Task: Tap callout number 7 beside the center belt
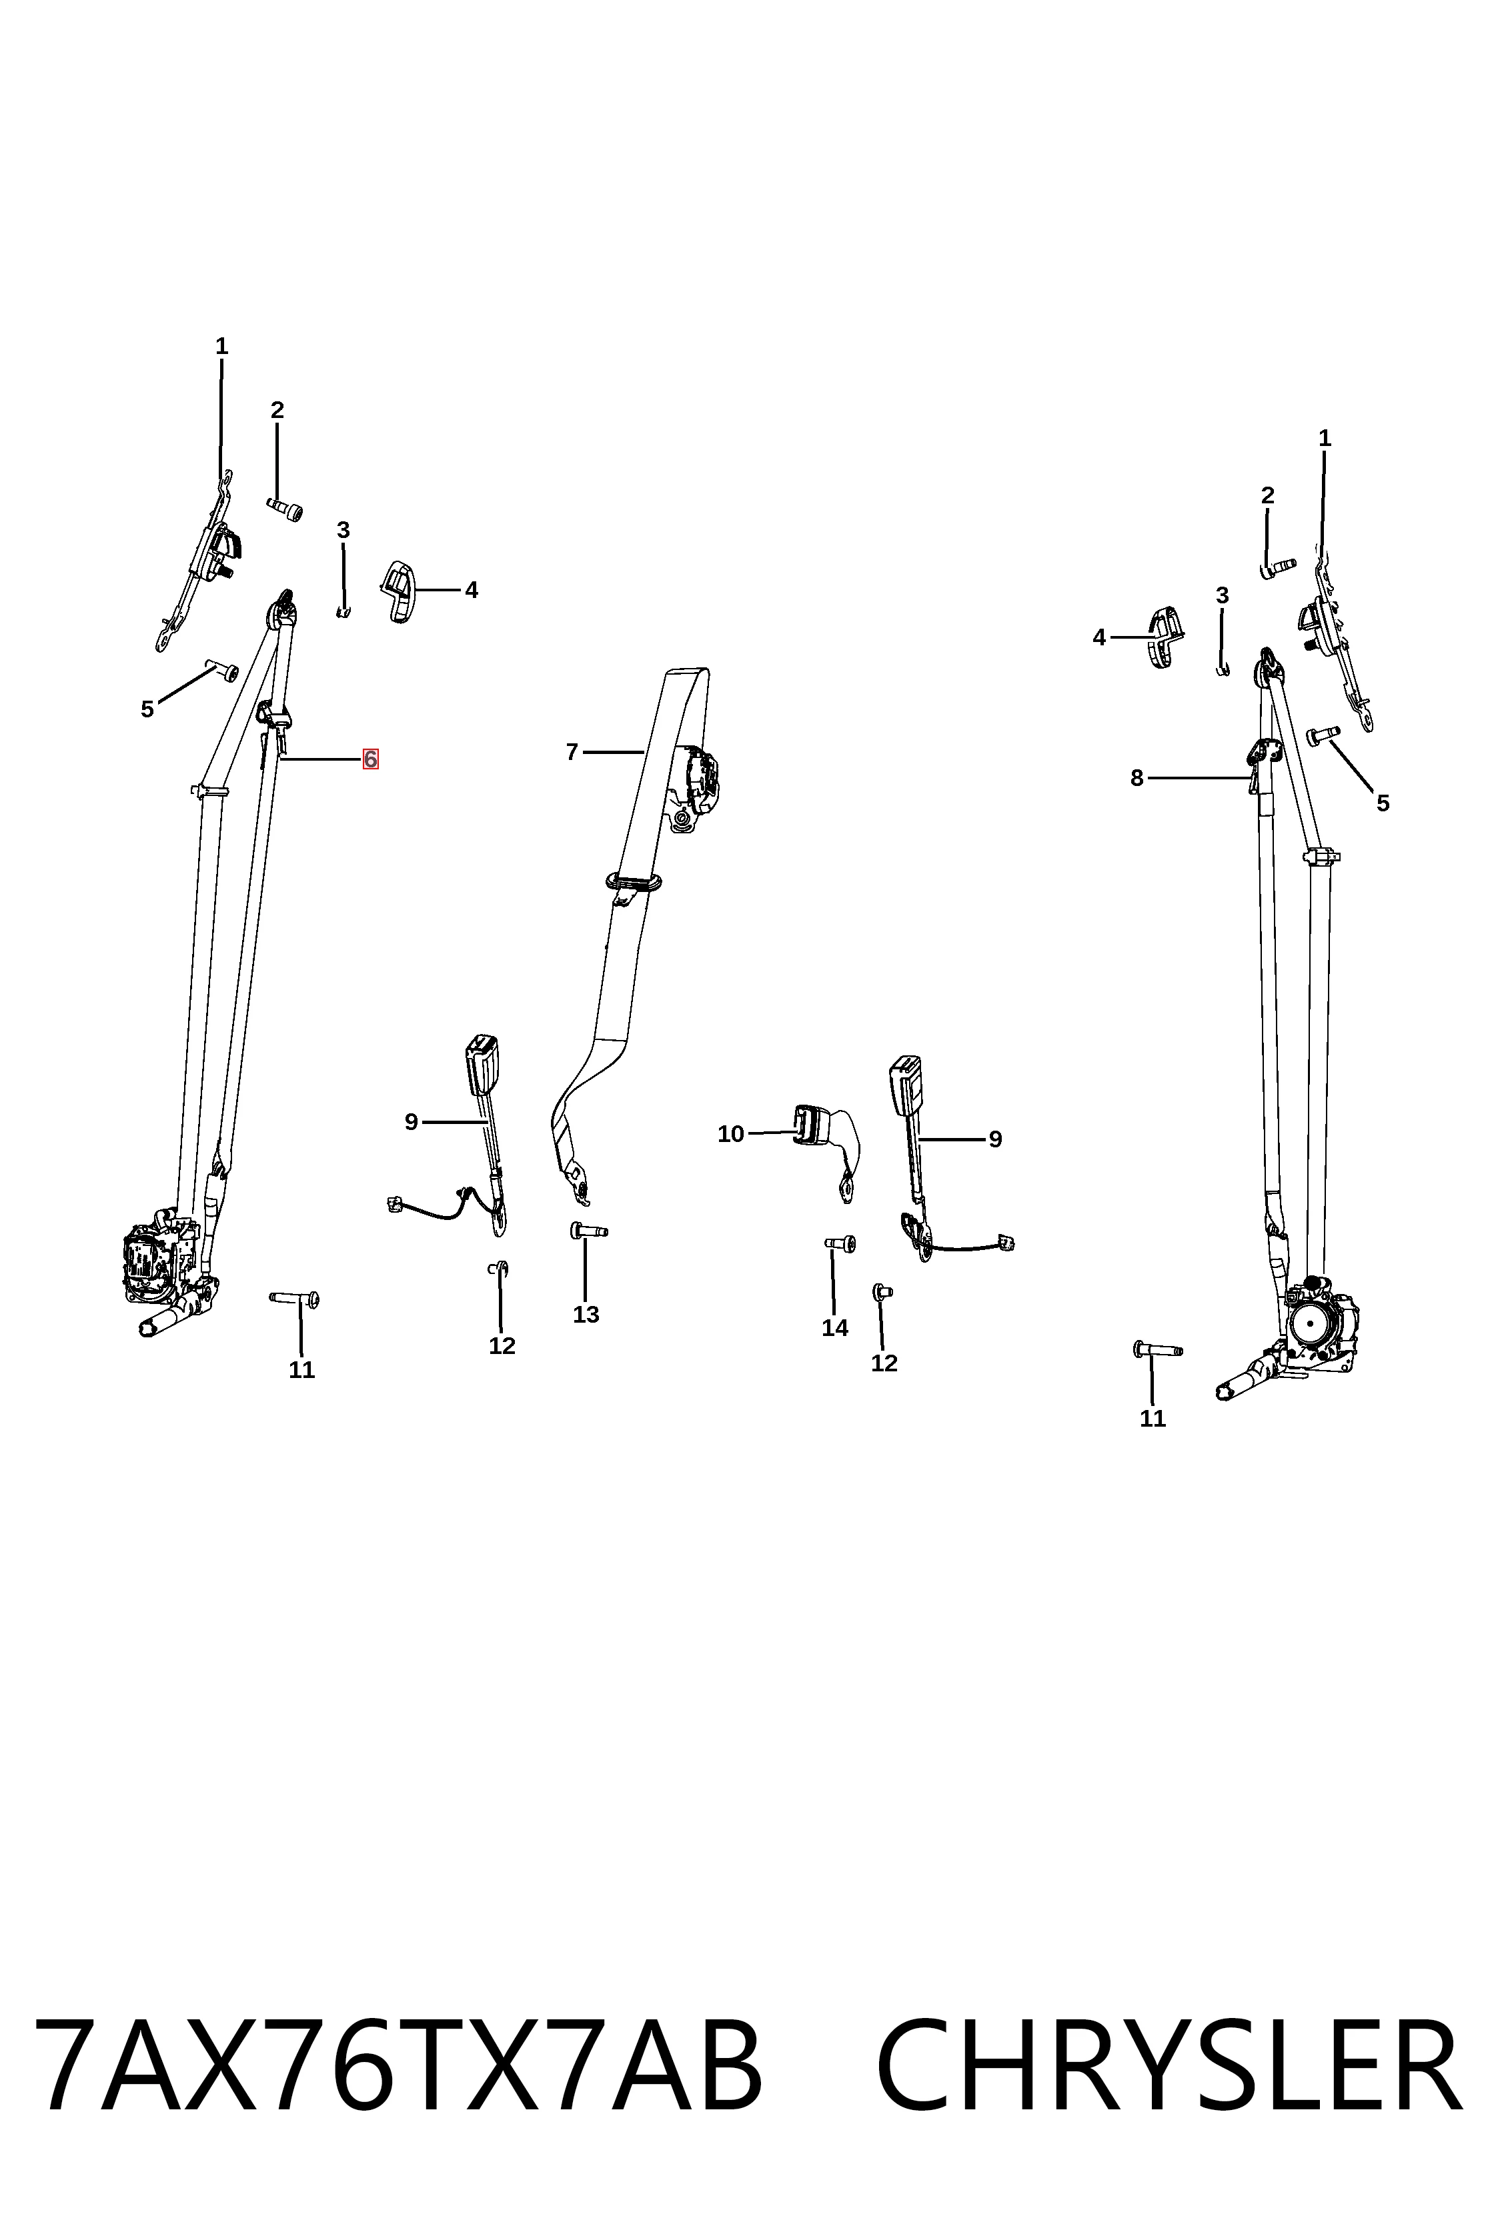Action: coord(572,753)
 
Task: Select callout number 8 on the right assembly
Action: coord(1137,778)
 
